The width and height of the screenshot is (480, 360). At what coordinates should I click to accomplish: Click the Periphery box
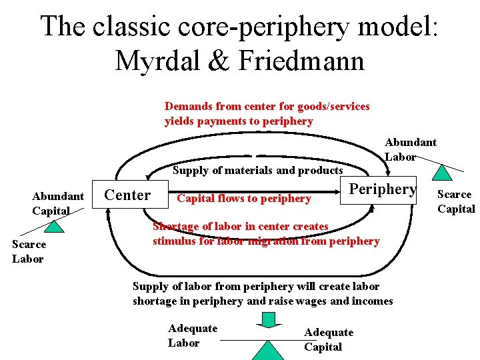click(383, 189)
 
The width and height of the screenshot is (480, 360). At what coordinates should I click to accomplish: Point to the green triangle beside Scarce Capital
click(441, 172)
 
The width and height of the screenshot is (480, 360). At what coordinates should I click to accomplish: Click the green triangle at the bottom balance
click(268, 350)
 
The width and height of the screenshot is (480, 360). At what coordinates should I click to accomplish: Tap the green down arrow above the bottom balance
click(267, 320)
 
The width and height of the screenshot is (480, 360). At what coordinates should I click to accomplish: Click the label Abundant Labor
click(410, 149)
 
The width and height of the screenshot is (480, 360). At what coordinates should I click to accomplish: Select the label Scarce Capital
click(455, 201)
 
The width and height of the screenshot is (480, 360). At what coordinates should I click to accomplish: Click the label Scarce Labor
click(29, 251)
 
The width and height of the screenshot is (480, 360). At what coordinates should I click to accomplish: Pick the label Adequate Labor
click(192, 335)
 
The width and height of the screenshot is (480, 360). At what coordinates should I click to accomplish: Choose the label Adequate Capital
click(328, 339)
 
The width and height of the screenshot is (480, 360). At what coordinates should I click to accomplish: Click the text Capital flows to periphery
click(243, 198)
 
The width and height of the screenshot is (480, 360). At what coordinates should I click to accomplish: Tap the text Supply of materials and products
click(257, 170)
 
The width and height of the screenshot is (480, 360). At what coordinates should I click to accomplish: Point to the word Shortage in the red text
click(175, 226)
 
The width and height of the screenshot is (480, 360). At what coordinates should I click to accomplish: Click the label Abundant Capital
click(57, 203)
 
